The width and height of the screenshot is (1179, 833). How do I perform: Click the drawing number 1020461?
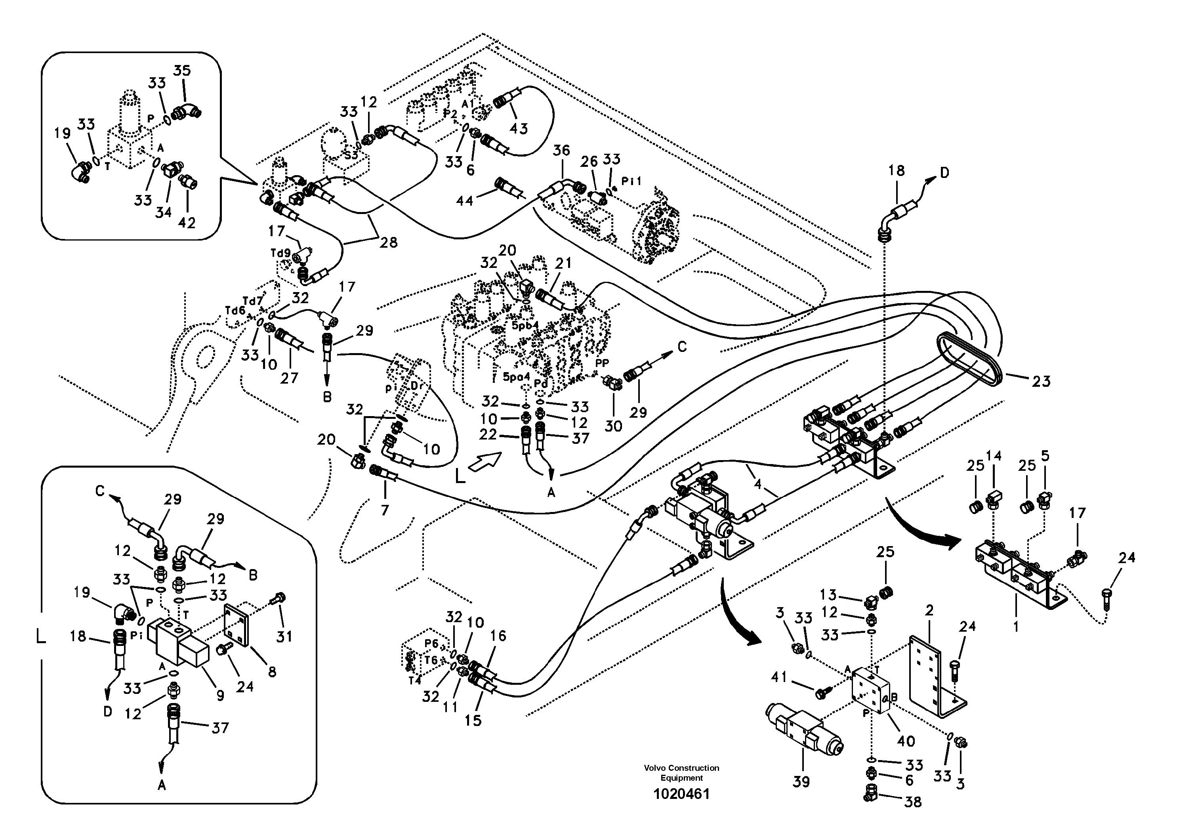click(x=681, y=794)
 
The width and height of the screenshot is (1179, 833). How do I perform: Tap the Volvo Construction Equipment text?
click(x=681, y=772)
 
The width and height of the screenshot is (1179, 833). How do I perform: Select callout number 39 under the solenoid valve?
click(x=801, y=781)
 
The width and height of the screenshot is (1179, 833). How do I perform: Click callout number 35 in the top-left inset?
click(x=182, y=71)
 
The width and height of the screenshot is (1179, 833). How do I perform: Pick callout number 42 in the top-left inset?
click(x=187, y=223)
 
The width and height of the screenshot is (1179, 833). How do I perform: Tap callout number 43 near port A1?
click(x=518, y=128)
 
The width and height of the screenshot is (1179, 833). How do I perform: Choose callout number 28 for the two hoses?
click(x=388, y=243)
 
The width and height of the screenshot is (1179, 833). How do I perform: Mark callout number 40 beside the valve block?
click(x=906, y=741)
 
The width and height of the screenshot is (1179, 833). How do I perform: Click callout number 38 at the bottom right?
click(x=912, y=802)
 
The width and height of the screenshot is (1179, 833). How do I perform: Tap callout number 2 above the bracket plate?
click(x=929, y=610)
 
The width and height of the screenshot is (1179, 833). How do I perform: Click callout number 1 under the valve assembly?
click(x=1016, y=626)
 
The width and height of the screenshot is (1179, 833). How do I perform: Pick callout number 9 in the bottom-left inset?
click(x=220, y=695)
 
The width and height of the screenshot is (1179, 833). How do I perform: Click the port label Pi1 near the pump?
click(x=631, y=181)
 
